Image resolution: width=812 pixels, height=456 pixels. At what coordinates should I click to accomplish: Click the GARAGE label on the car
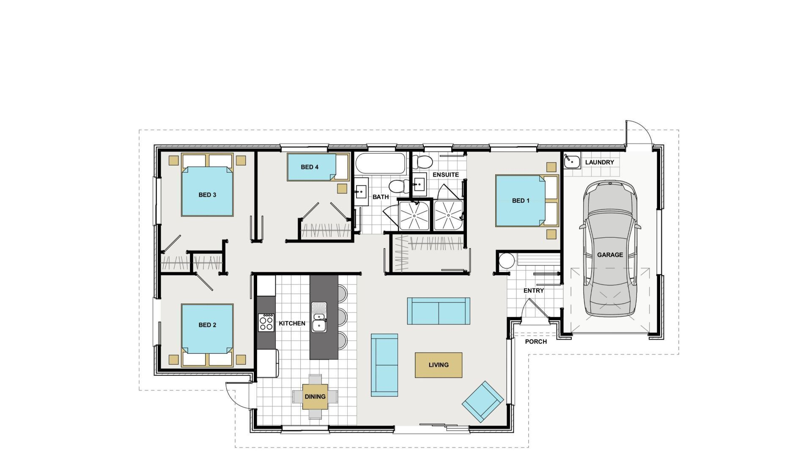610,255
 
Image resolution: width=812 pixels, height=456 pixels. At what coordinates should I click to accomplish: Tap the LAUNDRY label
599,162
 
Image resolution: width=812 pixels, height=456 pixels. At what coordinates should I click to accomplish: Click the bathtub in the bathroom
380,163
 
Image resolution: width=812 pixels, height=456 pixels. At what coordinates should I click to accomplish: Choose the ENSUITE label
446,174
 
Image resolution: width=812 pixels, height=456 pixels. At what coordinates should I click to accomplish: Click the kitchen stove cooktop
266,323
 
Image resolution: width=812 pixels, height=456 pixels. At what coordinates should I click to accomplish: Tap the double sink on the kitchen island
319,317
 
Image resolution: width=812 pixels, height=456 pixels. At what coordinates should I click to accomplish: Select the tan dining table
315,396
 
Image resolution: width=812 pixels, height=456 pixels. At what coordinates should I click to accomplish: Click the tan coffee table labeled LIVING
439,365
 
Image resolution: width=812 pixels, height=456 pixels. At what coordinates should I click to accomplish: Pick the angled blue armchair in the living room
483,402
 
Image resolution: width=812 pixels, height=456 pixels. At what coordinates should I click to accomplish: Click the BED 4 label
310,167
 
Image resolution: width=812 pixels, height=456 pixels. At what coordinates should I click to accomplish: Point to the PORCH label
536,342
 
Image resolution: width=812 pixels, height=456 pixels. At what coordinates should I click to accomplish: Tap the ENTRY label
534,290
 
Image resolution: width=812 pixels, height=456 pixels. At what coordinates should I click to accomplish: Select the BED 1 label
521,201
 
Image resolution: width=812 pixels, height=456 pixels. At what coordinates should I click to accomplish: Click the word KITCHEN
292,323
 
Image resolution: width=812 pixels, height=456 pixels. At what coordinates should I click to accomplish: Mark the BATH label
381,197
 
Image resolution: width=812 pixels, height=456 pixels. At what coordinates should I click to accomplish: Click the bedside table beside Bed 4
342,188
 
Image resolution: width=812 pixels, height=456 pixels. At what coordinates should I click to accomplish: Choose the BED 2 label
207,325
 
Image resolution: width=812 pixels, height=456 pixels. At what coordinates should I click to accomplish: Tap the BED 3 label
207,195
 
